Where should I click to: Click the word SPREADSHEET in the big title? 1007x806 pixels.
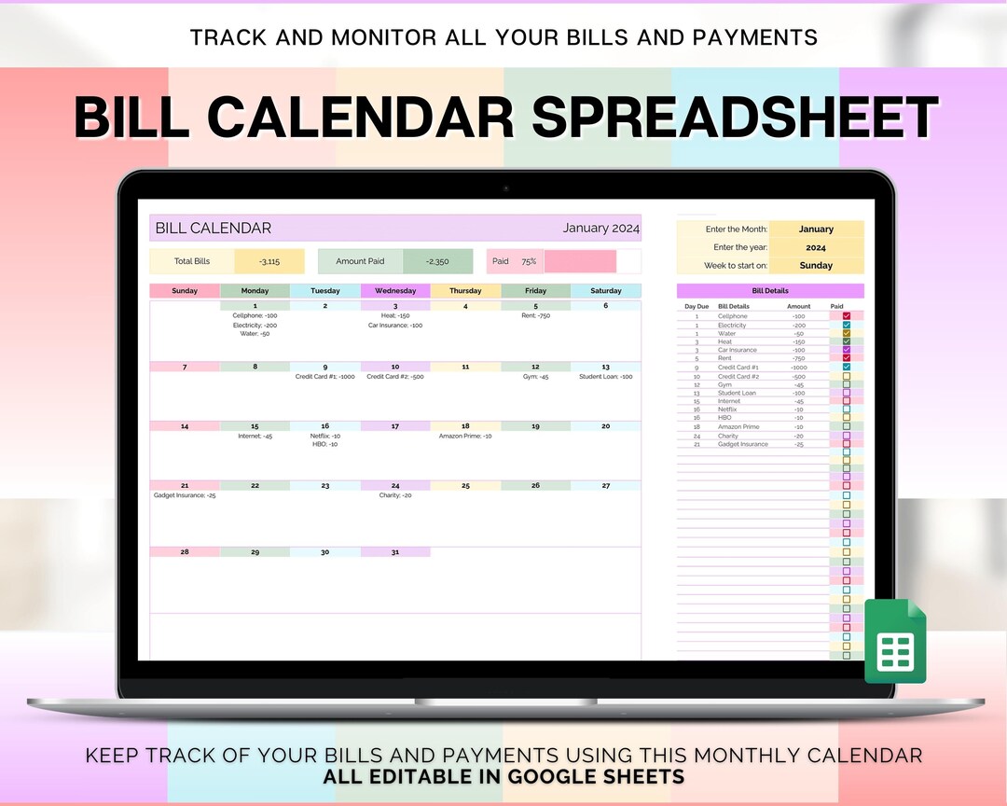click(735, 119)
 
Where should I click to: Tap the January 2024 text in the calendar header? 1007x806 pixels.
click(601, 229)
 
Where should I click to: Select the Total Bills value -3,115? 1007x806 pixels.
click(269, 262)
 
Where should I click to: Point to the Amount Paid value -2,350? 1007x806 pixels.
click(437, 262)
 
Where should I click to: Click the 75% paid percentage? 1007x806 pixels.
click(529, 262)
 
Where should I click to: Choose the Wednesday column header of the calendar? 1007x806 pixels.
click(395, 291)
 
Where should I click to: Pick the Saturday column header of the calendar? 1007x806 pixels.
click(606, 291)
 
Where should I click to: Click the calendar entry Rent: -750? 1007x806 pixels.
click(535, 315)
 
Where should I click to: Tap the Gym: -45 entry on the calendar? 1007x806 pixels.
click(535, 377)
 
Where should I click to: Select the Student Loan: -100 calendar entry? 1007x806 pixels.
click(606, 377)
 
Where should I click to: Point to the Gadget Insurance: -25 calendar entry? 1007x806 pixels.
click(185, 495)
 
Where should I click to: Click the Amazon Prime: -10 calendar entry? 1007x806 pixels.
click(465, 436)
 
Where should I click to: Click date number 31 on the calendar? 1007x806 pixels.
click(395, 552)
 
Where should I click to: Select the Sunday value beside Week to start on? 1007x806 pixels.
click(816, 266)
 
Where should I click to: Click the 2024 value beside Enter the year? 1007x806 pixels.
click(816, 247)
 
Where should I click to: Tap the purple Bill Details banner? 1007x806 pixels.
click(770, 291)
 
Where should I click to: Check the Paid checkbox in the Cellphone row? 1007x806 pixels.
click(847, 316)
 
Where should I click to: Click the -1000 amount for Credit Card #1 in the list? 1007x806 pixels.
click(798, 368)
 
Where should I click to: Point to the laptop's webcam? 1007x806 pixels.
click(506, 188)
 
